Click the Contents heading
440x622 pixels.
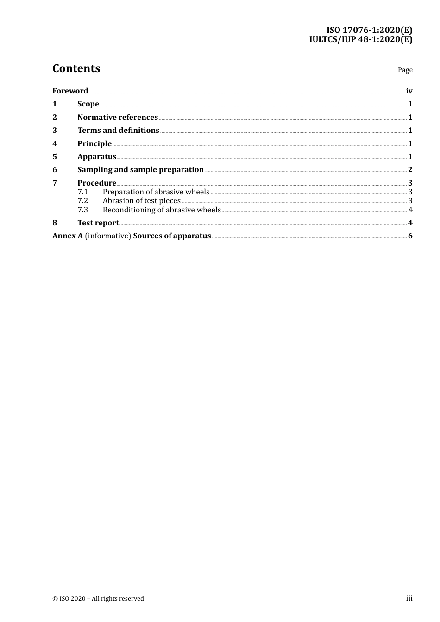(76, 68)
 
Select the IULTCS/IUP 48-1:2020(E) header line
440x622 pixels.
(360, 39)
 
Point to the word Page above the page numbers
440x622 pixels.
(405, 70)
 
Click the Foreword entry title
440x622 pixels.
(70, 91)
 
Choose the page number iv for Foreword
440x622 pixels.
(409, 91)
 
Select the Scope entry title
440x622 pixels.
(88, 104)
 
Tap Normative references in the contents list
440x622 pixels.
(118, 118)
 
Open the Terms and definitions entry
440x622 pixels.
(118, 131)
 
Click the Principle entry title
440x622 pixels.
(94, 144)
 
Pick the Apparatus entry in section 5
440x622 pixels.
(96, 157)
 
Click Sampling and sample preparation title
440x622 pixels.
(140, 170)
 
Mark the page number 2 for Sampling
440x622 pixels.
(410, 170)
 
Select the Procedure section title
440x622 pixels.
(96, 183)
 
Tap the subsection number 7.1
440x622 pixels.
(82, 192)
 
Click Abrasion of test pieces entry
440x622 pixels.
(141, 201)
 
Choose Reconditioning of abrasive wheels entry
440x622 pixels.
(162, 210)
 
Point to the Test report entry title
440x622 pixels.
(98, 223)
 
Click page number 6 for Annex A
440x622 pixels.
(410, 236)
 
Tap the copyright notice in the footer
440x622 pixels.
(98, 599)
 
